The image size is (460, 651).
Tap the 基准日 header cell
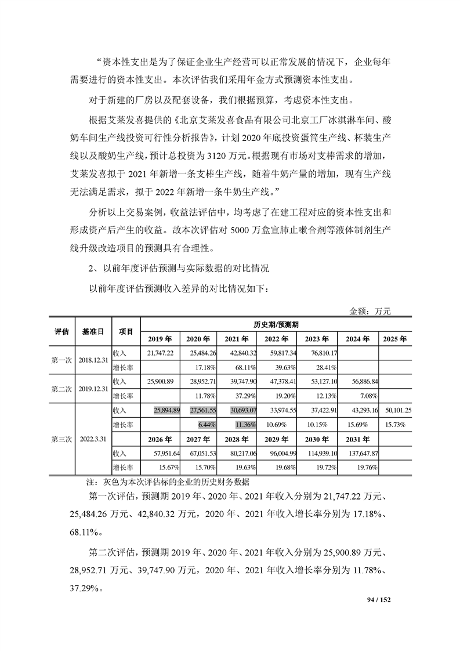pyautogui.click(x=93, y=331)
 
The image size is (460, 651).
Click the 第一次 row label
pyautogui.click(x=61, y=360)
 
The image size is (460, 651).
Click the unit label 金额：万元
pyautogui.click(x=370, y=312)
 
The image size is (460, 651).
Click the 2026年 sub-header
pyautogui.click(x=160, y=439)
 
